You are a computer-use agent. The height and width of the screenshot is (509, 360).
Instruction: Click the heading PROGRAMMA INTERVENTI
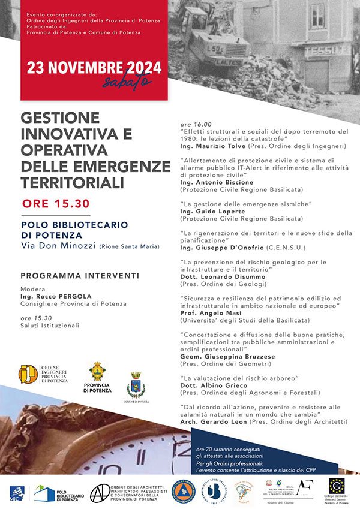[80, 276]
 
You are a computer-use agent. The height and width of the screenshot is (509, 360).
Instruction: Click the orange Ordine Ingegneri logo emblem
[29, 374]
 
